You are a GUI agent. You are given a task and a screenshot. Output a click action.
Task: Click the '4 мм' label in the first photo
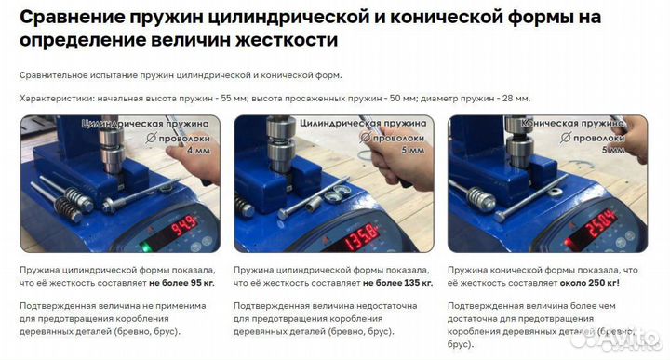click(198, 151)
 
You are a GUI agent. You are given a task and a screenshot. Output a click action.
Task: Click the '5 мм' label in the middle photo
click(411, 151)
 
